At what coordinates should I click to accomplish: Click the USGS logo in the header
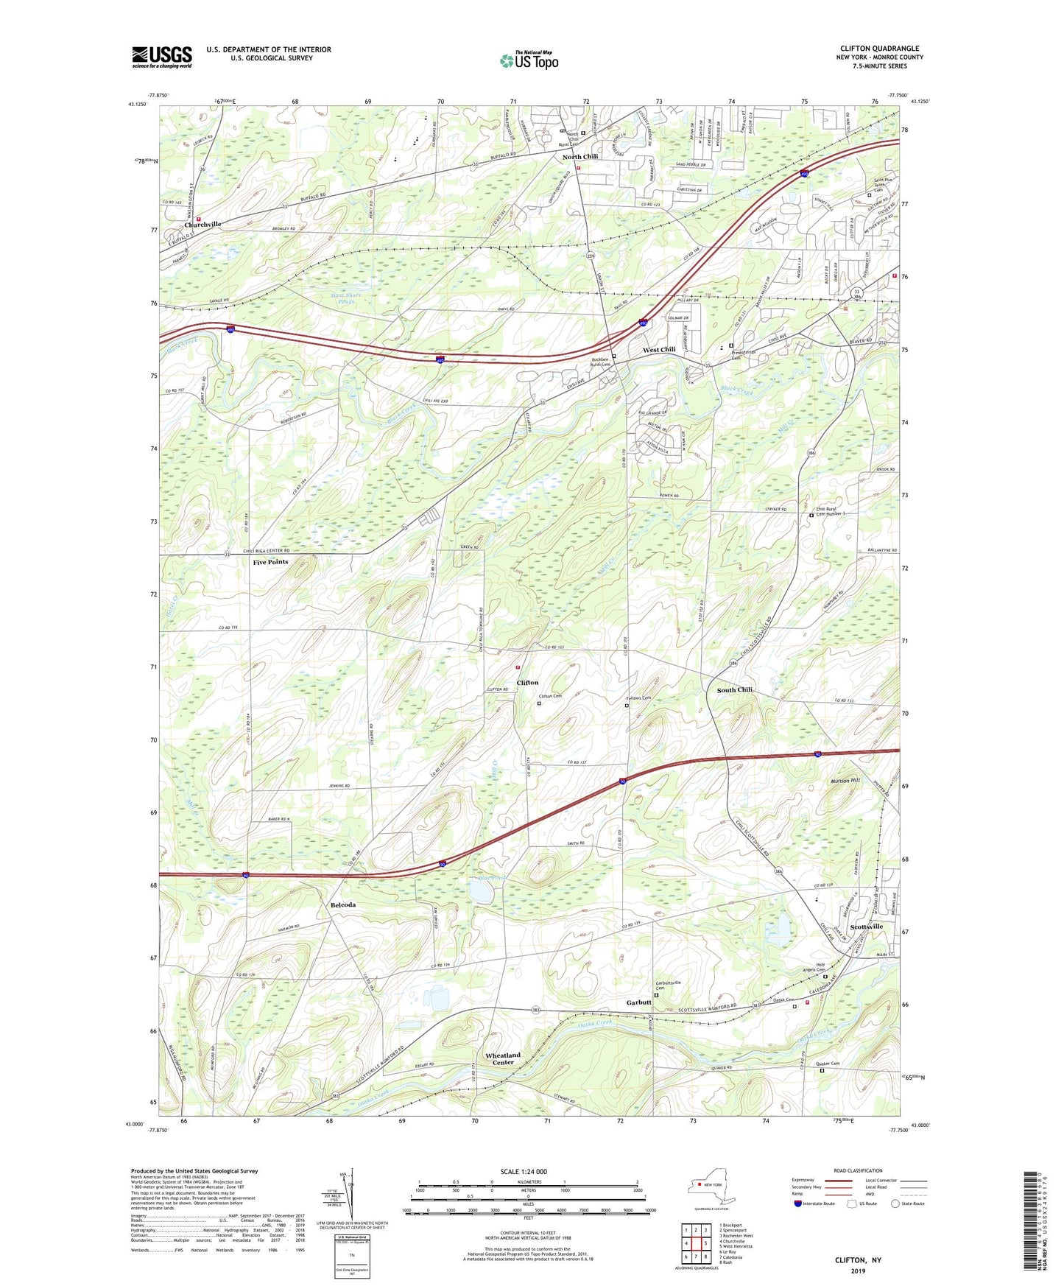click(162, 57)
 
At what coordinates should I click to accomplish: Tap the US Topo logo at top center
click(528, 60)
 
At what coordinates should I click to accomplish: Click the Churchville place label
click(202, 225)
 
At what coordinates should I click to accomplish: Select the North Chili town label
click(580, 157)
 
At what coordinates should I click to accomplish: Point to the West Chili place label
click(659, 350)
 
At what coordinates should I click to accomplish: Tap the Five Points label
click(270, 562)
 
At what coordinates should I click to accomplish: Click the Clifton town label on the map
click(527, 683)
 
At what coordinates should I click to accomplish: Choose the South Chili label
click(734, 690)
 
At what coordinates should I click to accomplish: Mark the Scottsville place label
click(866, 927)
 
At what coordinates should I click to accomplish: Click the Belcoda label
click(343, 904)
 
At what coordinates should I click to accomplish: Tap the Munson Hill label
click(845, 780)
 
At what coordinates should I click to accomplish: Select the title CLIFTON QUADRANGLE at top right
click(879, 49)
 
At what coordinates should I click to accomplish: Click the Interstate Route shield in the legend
click(799, 1204)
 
